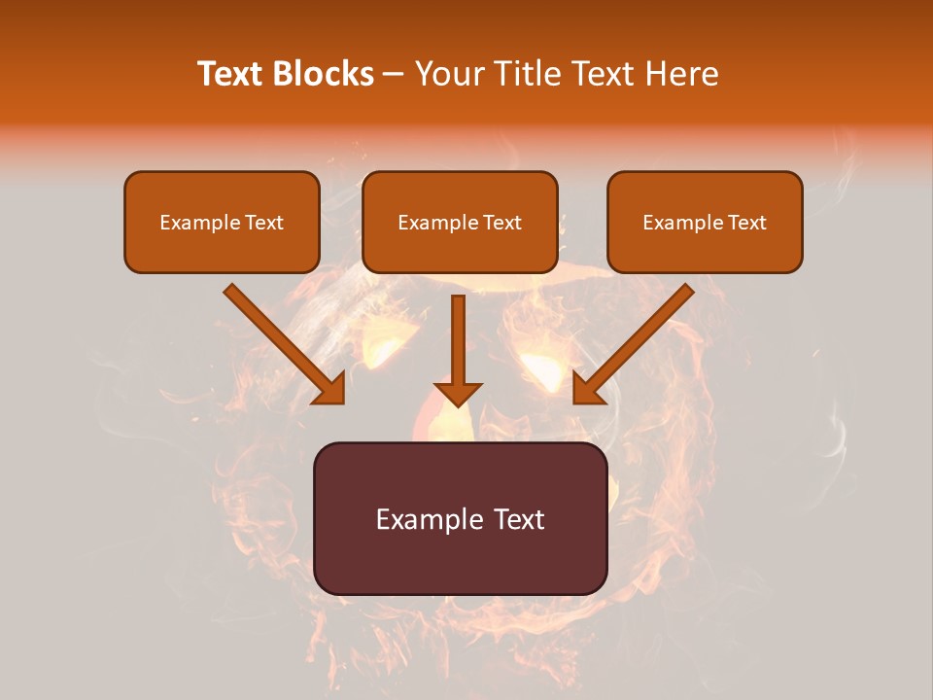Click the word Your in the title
[446, 74]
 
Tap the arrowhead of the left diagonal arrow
[331, 390]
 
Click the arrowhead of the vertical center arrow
[458, 394]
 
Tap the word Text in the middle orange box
[501, 223]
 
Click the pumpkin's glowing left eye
[382, 345]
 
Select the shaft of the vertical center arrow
[458, 335]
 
